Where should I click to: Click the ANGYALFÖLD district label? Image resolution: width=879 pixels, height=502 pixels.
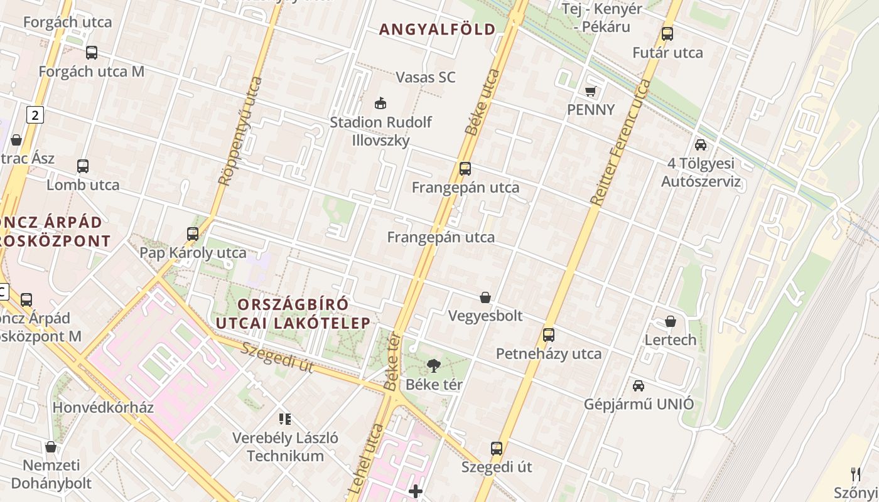[x=437, y=29]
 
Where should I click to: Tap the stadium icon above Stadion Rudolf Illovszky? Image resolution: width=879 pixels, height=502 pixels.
[x=380, y=103]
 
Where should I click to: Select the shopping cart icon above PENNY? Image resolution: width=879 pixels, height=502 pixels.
[x=590, y=92]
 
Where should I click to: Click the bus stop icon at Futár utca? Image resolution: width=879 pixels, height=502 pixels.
[x=667, y=34]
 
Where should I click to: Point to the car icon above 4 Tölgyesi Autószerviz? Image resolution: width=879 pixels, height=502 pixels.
[x=701, y=145]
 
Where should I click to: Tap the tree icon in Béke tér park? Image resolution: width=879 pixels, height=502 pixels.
[x=433, y=365]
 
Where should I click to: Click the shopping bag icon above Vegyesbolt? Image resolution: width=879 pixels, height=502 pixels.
[x=485, y=297]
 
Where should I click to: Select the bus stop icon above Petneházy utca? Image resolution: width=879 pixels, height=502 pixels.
[x=548, y=334]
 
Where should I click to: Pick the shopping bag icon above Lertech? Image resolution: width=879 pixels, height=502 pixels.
[x=670, y=321]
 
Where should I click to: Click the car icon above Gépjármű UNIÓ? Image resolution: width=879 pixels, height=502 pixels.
[x=639, y=385]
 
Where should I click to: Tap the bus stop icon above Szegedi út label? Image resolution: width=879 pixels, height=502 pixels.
[x=496, y=449]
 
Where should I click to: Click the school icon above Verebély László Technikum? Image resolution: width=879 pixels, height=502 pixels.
[x=285, y=419]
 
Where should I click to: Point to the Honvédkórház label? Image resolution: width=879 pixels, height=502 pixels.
[x=103, y=407]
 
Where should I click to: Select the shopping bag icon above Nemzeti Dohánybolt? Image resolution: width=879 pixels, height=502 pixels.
[x=50, y=447]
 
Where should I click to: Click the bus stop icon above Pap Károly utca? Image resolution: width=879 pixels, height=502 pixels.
[x=193, y=234]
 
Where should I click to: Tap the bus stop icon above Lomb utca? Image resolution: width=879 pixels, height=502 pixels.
[x=83, y=166]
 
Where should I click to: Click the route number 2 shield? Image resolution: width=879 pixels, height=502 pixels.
[x=35, y=115]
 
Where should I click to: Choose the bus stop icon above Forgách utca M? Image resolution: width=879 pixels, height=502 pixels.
[x=92, y=53]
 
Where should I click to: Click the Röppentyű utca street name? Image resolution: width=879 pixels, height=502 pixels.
[x=240, y=131]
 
